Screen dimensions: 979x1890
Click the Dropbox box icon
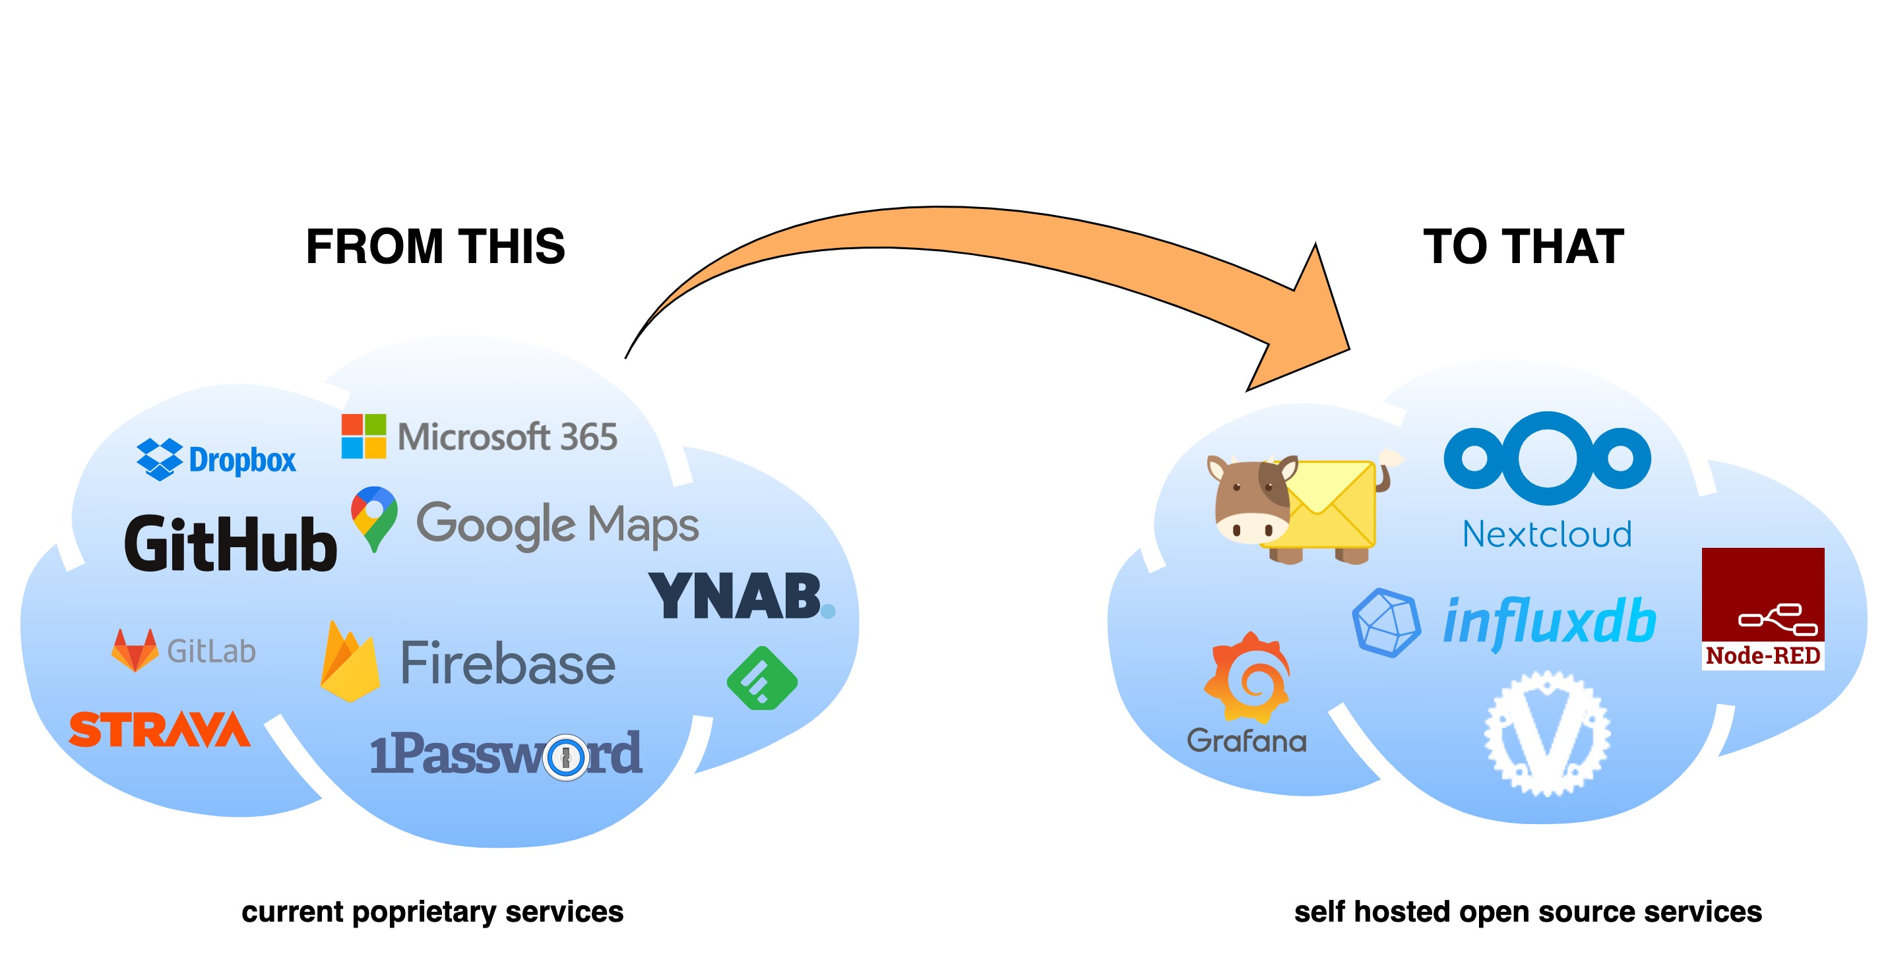pyautogui.click(x=159, y=459)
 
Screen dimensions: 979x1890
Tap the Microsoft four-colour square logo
pyautogui.click(x=363, y=436)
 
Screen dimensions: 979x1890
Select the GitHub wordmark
pyautogui.click(x=230, y=543)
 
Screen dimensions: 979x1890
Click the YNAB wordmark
pyautogui.click(x=736, y=597)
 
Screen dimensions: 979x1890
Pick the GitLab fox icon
pyautogui.click(x=135, y=650)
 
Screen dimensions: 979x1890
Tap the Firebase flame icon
pyautogui.click(x=350, y=662)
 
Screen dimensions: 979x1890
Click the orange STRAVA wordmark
pyautogui.click(x=160, y=730)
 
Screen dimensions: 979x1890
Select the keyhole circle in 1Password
pyautogui.click(x=565, y=757)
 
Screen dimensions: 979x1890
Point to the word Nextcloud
pyautogui.click(x=1546, y=535)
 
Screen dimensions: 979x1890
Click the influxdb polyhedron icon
pyautogui.click(x=1385, y=622)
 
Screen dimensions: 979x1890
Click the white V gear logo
pyautogui.click(x=1546, y=733)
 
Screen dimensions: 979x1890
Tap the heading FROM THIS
pyautogui.click(x=435, y=247)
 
